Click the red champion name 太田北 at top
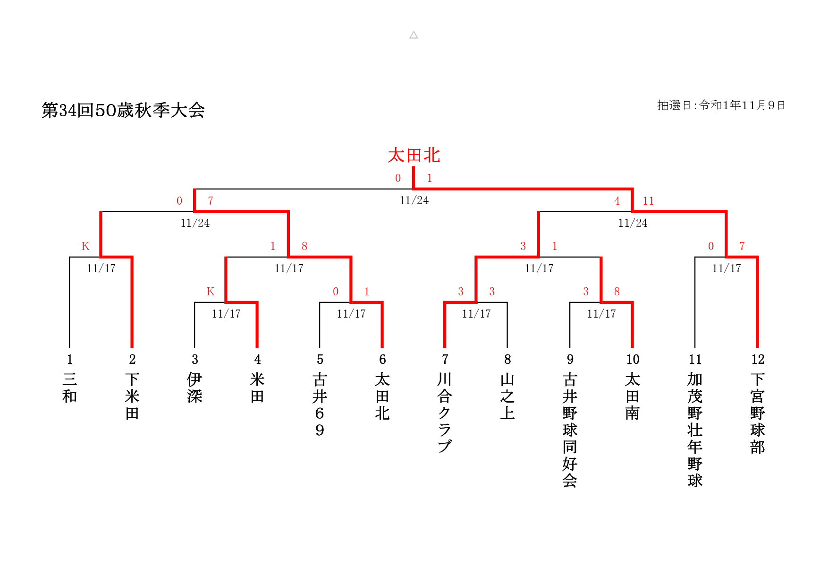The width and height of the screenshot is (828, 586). click(414, 155)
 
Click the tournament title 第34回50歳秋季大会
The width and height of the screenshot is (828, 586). click(123, 110)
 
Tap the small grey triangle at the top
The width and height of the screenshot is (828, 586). click(414, 35)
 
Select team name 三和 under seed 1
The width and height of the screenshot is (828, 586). click(69, 388)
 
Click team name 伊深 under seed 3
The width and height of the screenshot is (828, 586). click(194, 388)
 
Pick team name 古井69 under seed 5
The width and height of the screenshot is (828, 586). click(320, 405)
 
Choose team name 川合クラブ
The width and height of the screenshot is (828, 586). click(445, 413)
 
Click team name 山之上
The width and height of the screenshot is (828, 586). click(507, 396)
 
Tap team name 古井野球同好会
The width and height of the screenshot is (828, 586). click(570, 430)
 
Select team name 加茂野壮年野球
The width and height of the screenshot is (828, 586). click(695, 430)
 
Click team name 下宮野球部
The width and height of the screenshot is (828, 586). click(758, 413)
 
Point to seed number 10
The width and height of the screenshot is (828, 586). click(633, 360)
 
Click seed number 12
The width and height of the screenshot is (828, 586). click(758, 360)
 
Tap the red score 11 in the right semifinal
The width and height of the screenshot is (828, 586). click(648, 201)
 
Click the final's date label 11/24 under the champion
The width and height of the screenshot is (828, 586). click(414, 200)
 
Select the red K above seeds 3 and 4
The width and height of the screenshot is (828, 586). click(211, 292)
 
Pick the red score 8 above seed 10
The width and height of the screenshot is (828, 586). click(617, 292)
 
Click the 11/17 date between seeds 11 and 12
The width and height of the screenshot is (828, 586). click(727, 268)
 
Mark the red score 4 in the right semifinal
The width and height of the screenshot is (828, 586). click(617, 201)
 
